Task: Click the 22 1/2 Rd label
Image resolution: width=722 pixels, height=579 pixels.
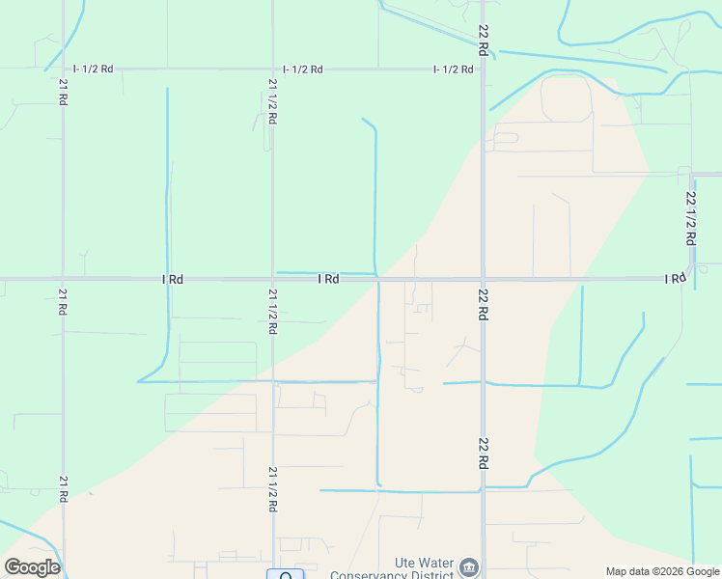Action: click(x=690, y=217)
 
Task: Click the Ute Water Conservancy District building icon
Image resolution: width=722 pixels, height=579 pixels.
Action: click(x=469, y=566)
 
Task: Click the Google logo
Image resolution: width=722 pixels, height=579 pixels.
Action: click(x=32, y=567)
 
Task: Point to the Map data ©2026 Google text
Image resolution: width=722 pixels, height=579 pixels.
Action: click(x=662, y=571)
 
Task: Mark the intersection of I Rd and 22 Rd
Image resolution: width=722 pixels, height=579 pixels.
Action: click(x=483, y=280)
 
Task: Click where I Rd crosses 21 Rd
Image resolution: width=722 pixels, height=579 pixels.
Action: click(x=63, y=279)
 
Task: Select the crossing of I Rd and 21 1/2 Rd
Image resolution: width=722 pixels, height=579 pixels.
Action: click(x=272, y=279)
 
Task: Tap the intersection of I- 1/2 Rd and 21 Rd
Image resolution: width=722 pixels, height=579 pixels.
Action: click(x=63, y=69)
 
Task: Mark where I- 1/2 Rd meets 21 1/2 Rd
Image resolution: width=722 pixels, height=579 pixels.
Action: click(x=272, y=69)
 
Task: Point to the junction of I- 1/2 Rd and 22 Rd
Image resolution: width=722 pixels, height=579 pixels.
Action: click(x=483, y=69)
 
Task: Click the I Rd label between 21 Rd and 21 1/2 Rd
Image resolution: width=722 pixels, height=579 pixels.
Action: click(x=173, y=279)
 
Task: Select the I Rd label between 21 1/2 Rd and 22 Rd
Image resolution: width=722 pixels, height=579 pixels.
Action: click(x=328, y=279)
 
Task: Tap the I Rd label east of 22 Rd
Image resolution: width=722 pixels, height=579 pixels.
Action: click(x=675, y=279)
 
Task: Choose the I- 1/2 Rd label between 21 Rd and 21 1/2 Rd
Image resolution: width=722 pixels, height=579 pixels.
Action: click(x=94, y=69)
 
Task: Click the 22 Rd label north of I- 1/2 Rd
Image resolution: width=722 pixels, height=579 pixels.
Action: click(x=484, y=39)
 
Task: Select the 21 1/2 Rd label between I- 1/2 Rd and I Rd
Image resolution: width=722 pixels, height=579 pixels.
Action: click(x=272, y=100)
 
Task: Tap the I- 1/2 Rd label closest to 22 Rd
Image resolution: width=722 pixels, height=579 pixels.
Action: click(x=454, y=69)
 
